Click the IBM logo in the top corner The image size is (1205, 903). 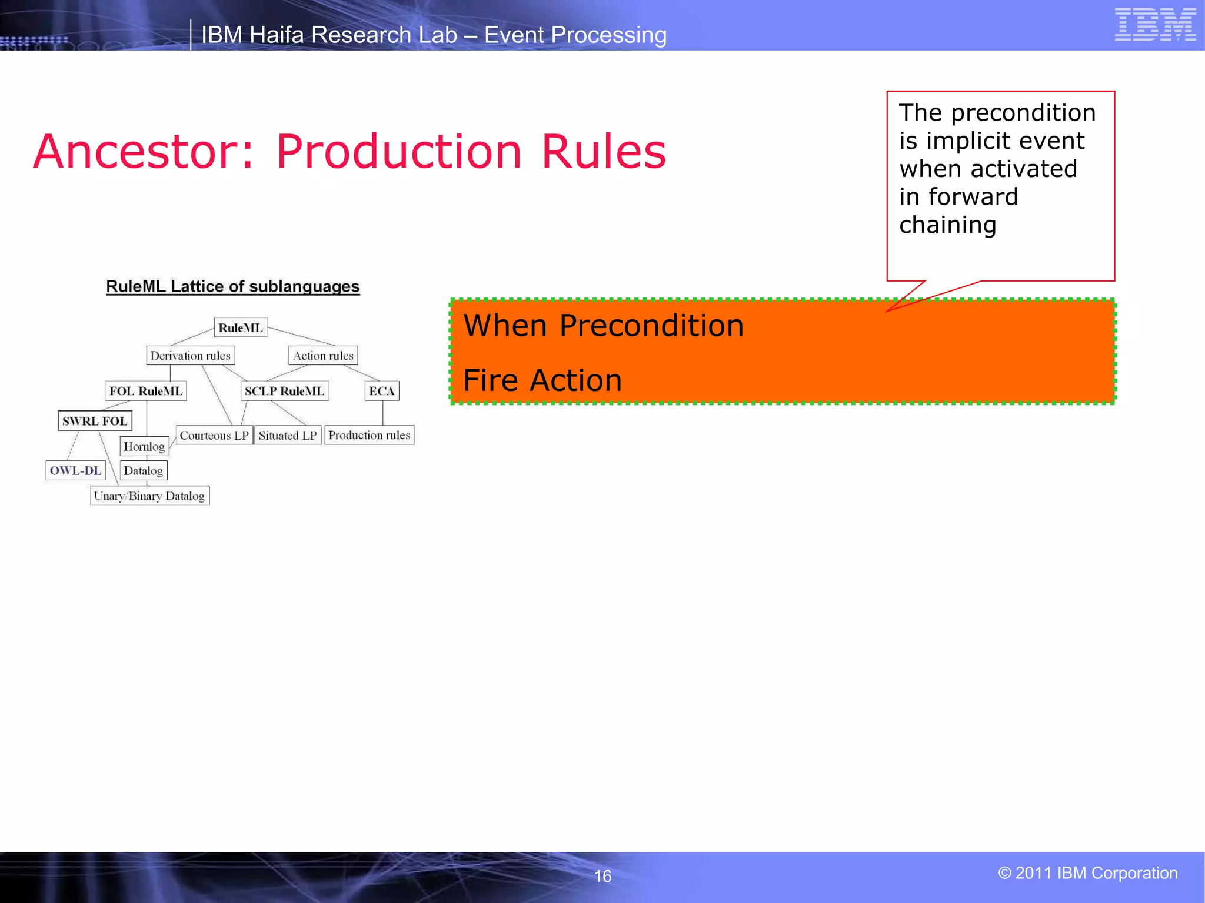point(1155,25)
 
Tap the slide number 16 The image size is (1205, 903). point(602,876)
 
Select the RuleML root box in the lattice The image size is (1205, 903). point(240,327)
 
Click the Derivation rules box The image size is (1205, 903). point(190,356)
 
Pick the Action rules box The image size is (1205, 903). point(323,356)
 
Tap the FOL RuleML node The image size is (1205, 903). point(146,391)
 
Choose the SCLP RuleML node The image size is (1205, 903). point(284,391)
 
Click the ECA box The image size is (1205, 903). point(382,391)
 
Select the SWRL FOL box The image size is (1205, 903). point(95,421)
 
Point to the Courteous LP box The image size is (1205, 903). point(214,436)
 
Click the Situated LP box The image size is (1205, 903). point(288,436)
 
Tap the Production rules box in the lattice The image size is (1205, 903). point(369,435)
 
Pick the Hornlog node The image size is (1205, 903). point(144,447)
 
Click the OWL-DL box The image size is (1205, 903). point(75,470)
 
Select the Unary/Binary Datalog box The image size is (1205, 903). point(149,496)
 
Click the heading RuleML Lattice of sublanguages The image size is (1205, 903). point(232,287)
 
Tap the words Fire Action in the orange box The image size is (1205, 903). point(542,380)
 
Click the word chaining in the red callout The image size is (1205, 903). point(947,225)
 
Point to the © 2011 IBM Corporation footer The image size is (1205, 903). point(1087,873)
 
